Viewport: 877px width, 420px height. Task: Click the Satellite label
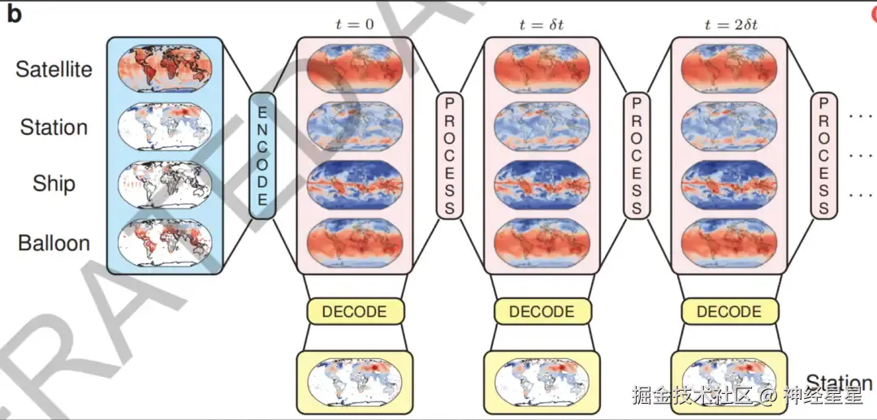point(54,69)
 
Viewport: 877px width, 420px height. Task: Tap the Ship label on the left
point(54,184)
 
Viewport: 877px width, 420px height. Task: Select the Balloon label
point(54,243)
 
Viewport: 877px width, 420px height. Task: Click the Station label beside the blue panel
point(54,128)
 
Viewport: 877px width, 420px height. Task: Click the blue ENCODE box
point(262,154)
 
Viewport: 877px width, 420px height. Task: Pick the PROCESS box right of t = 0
point(449,155)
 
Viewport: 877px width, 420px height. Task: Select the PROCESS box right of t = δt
point(637,155)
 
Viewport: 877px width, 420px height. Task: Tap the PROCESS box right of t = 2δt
point(823,155)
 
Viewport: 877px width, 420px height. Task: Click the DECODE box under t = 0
point(354,312)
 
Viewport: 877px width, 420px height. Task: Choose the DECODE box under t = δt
point(542,312)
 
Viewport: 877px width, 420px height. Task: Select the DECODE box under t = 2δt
point(728,312)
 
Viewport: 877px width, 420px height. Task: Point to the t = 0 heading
point(354,24)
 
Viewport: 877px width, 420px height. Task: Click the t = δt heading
point(541,24)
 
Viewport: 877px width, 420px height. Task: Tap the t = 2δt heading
point(728,24)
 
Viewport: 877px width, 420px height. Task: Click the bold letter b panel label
point(14,15)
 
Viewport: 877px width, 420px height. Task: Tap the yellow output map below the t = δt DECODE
point(542,380)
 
